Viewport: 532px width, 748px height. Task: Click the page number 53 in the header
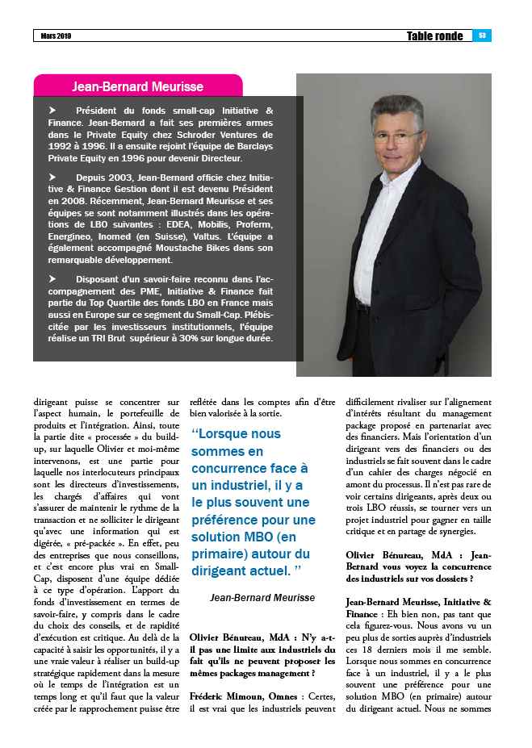click(x=482, y=36)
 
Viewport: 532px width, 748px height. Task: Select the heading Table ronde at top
click(x=434, y=36)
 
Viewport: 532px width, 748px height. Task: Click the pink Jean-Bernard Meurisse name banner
click(x=137, y=86)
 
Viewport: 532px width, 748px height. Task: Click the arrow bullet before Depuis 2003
click(x=53, y=176)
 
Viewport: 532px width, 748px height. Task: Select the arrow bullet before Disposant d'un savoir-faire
click(x=53, y=278)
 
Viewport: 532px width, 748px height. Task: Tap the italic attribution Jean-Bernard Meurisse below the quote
click(x=262, y=598)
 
